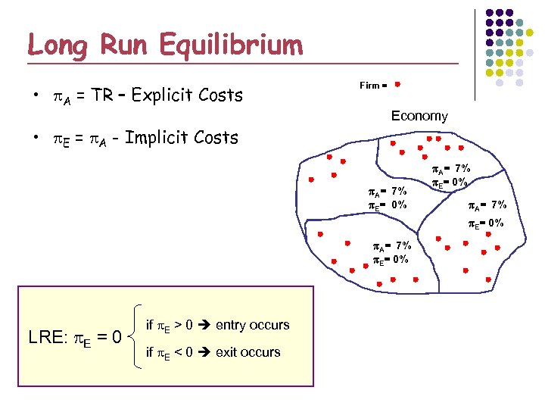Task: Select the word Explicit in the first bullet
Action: (163, 95)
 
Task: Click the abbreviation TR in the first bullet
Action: (100, 95)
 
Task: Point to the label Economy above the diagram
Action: (419, 116)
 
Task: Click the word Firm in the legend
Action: (369, 86)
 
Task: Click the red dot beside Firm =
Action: (397, 85)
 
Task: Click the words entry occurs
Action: (253, 325)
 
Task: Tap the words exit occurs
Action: (248, 352)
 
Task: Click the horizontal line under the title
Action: (242, 62)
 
